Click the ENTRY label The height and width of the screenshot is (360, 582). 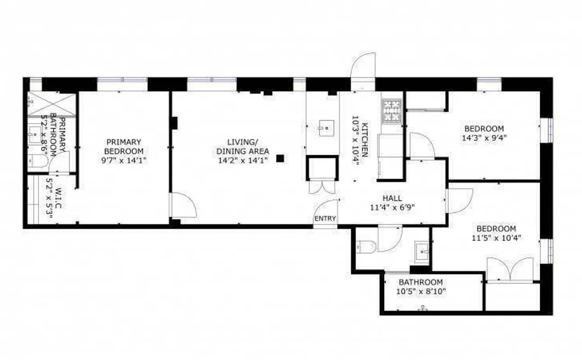(x=325, y=219)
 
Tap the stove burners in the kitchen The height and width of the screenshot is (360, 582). (x=391, y=111)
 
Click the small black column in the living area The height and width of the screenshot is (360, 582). (x=280, y=158)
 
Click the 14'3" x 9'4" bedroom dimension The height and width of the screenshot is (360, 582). (x=484, y=138)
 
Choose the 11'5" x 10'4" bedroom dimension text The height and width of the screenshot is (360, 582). (x=496, y=238)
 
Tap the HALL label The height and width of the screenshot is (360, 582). (x=392, y=198)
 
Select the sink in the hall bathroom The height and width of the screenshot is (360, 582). (x=422, y=252)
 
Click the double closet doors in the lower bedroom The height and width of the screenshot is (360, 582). (x=510, y=269)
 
